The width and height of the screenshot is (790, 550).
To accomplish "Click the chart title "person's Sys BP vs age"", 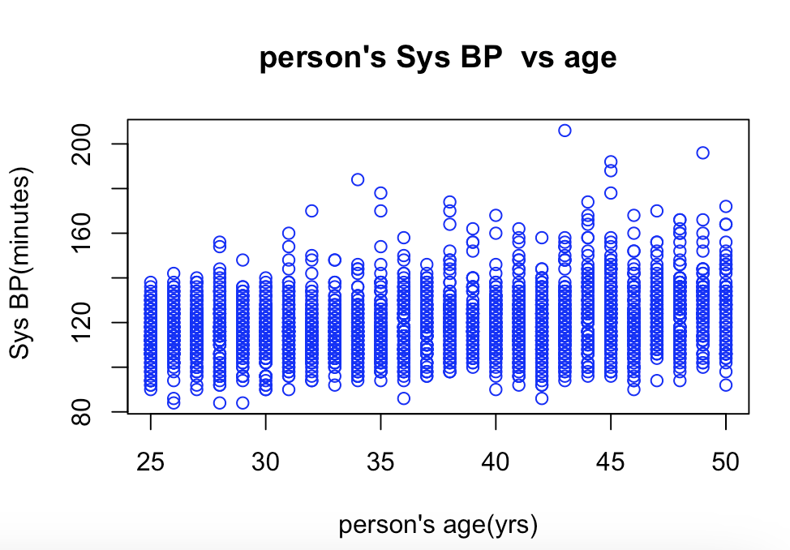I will point(438,58).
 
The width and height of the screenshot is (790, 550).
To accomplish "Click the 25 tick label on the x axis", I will point(150,462).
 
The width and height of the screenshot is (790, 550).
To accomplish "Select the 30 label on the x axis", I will point(265,462).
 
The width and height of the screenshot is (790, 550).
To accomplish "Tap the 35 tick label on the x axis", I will point(380,462).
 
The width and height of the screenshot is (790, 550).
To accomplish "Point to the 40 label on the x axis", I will point(496,462).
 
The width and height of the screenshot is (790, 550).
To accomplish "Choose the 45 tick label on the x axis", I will point(611,462).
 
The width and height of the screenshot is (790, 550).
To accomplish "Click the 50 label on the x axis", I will point(725,462).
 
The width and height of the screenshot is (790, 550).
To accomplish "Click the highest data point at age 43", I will point(565,130).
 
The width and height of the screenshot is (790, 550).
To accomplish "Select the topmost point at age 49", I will point(702,153).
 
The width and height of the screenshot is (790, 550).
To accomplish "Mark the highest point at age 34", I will point(358,179).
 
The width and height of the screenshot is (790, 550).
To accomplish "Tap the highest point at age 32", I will point(311,211).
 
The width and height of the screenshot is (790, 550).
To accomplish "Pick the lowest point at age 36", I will point(403,398).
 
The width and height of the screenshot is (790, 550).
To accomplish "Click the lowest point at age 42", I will point(542,398).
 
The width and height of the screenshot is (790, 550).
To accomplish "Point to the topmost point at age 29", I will point(243,260).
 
